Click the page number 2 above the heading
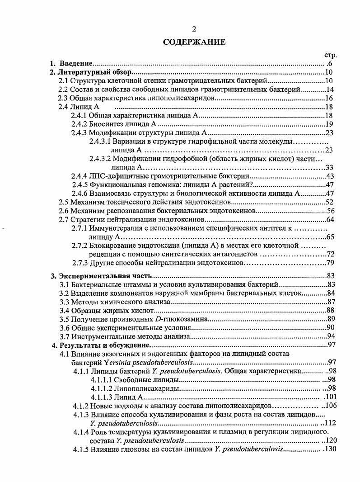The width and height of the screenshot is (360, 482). [194, 30]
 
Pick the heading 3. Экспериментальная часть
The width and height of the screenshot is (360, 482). [100, 276]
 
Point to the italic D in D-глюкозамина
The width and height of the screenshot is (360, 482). [158, 319]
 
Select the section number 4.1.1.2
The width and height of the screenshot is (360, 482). [102, 388]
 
